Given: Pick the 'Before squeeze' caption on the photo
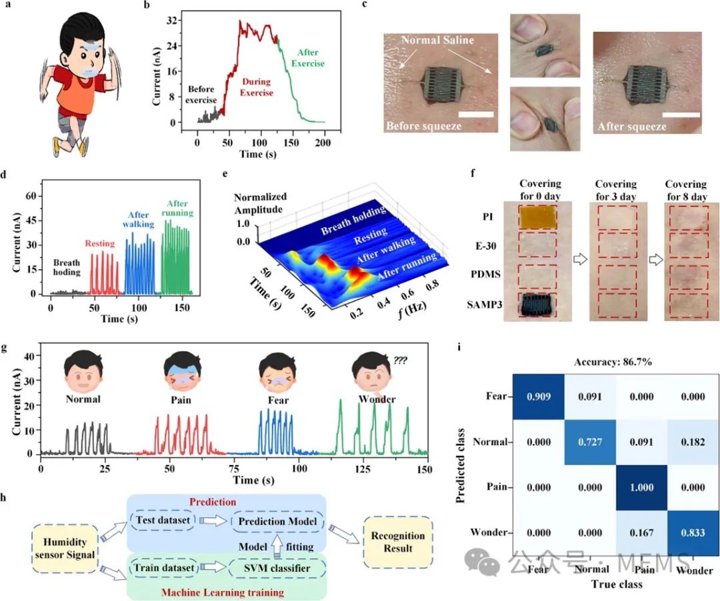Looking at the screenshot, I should pyautogui.click(x=423, y=125).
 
